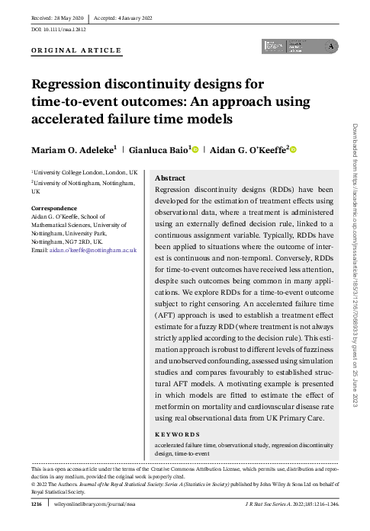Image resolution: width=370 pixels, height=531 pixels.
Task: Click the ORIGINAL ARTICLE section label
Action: [x=76, y=50]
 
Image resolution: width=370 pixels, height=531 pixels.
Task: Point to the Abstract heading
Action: [x=170, y=177]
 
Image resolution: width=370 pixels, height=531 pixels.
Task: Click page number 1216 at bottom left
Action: [x=36, y=504]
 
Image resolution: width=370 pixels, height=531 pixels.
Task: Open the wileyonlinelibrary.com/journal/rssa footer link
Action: [x=94, y=504]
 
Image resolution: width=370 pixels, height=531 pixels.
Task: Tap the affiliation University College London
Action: [x=84, y=174]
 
